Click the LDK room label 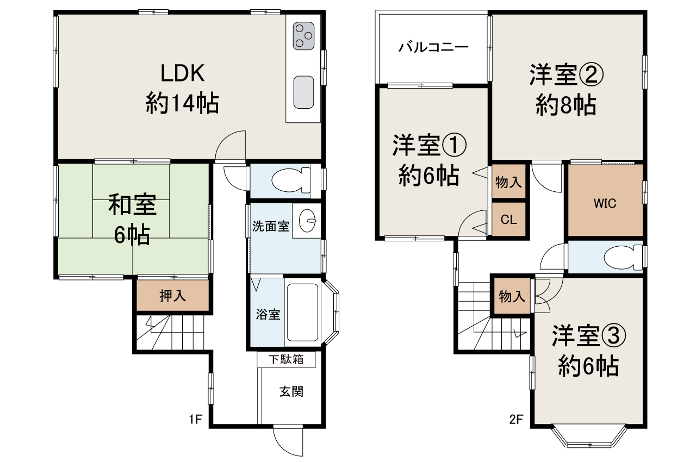coord(182,73)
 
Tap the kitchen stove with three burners coord(303,36)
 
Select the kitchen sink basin coord(303,92)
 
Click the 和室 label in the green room coord(132,204)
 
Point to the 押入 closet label coord(173,296)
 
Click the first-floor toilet coord(291,180)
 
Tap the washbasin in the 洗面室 coord(307,221)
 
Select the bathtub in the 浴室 coord(303,312)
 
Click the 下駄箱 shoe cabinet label coord(286,359)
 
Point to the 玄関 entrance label coord(291,391)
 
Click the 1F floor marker coord(196,420)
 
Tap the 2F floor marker coord(516,420)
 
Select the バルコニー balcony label coord(433,47)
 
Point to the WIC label coord(605,203)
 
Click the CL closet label coord(508,220)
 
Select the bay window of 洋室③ coord(589,437)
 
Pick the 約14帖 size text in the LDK coord(182,103)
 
